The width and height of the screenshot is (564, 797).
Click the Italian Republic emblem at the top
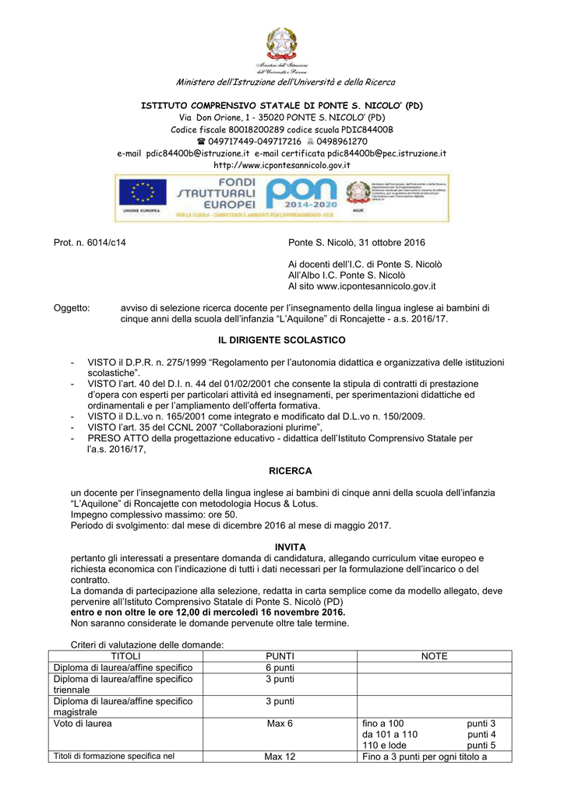(282, 43)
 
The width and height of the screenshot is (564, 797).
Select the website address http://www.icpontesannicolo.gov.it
(282, 165)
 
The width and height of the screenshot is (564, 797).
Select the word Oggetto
(71, 308)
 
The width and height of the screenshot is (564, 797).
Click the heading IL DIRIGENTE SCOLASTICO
(280, 340)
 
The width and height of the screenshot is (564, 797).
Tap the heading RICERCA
(290, 471)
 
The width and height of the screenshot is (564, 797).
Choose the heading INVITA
(291, 547)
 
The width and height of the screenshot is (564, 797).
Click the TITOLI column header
(125, 656)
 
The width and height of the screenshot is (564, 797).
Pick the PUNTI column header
(280, 656)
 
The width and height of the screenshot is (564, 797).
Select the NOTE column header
(434, 656)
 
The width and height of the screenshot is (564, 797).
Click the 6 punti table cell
(280, 668)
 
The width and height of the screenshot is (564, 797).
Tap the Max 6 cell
(280, 723)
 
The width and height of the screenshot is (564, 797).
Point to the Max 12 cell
(280, 757)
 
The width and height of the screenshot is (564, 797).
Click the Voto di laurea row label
(83, 723)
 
